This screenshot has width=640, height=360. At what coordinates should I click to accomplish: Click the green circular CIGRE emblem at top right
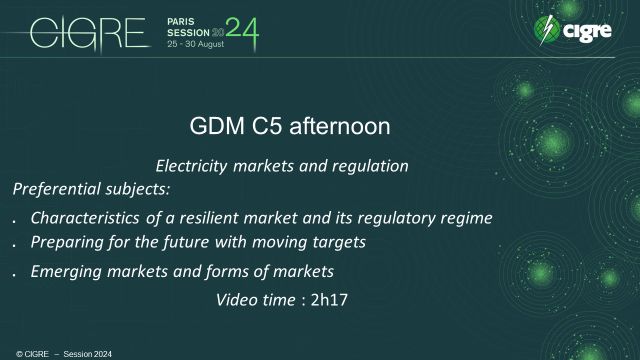[546, 30]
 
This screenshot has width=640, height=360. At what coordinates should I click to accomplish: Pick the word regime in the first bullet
[466, 217]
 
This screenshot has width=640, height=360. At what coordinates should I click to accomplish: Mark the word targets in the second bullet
[340, 242]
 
